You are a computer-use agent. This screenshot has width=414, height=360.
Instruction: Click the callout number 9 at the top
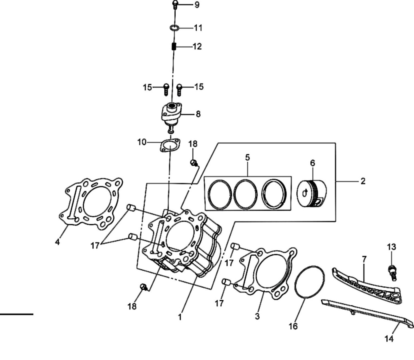(197, 5)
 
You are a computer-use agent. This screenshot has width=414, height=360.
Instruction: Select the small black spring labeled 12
(174, 46)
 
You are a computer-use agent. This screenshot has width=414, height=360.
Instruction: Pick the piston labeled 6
(312, 193)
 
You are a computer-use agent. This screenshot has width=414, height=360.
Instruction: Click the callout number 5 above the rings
(247, 158)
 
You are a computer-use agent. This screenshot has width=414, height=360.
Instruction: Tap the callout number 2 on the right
(363, 181)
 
